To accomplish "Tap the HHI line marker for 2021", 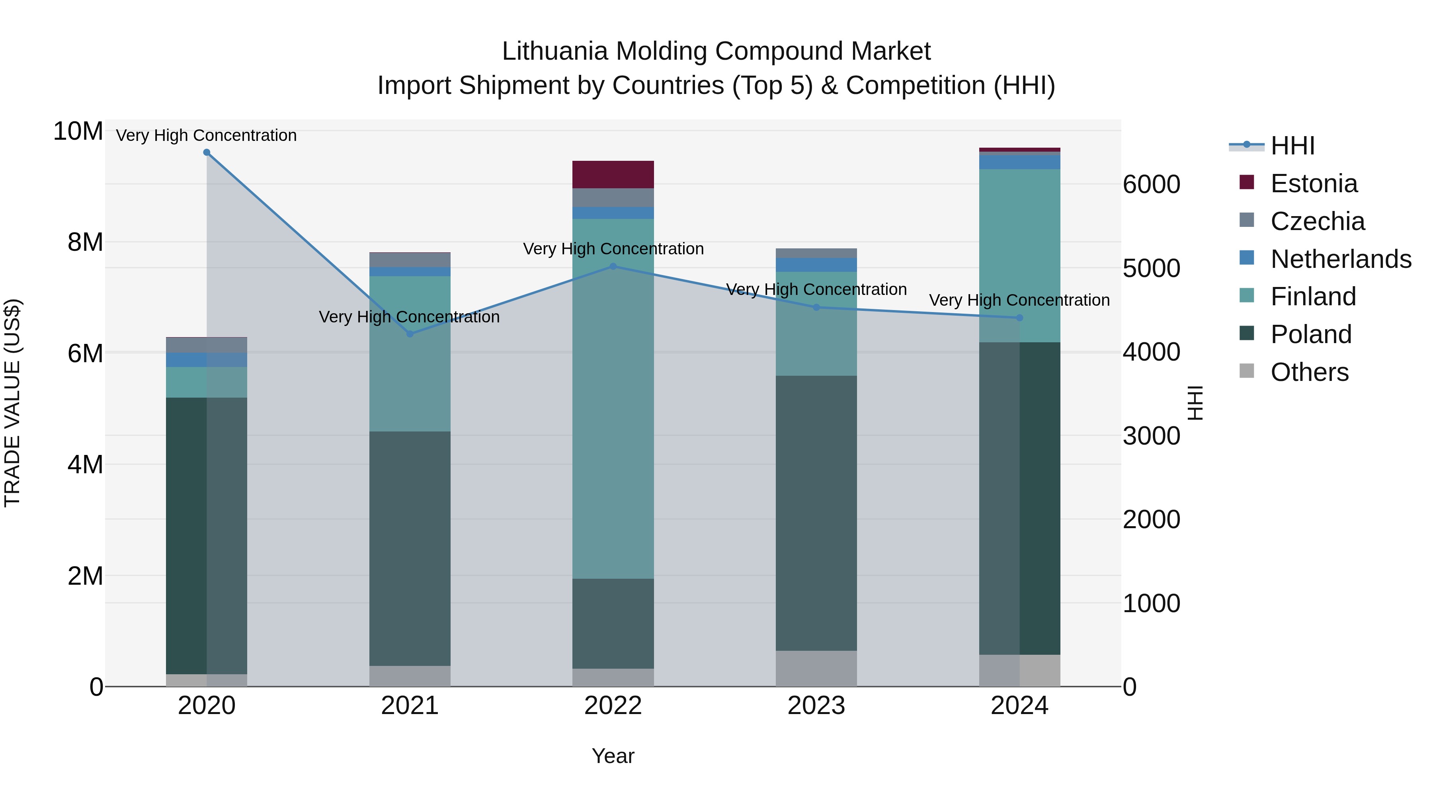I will click(410, 334).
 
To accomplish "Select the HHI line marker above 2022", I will click(613, 266).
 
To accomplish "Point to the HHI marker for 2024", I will click(1019, 318).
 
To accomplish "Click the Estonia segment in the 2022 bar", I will click(613, 175).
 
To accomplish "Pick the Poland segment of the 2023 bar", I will click(816, 513).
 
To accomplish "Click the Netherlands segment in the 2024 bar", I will click(1019, 162).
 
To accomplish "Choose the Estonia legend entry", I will click(1314, 183).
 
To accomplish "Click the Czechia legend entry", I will click(1317, 221).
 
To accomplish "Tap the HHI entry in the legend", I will click(1292, 146).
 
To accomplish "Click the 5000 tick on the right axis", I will click(1151, 268).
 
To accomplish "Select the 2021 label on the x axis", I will click(410, 706).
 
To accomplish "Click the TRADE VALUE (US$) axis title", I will click(12, 403).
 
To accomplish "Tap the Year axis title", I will click(613, 756).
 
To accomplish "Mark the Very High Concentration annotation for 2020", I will click(206, 135).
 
